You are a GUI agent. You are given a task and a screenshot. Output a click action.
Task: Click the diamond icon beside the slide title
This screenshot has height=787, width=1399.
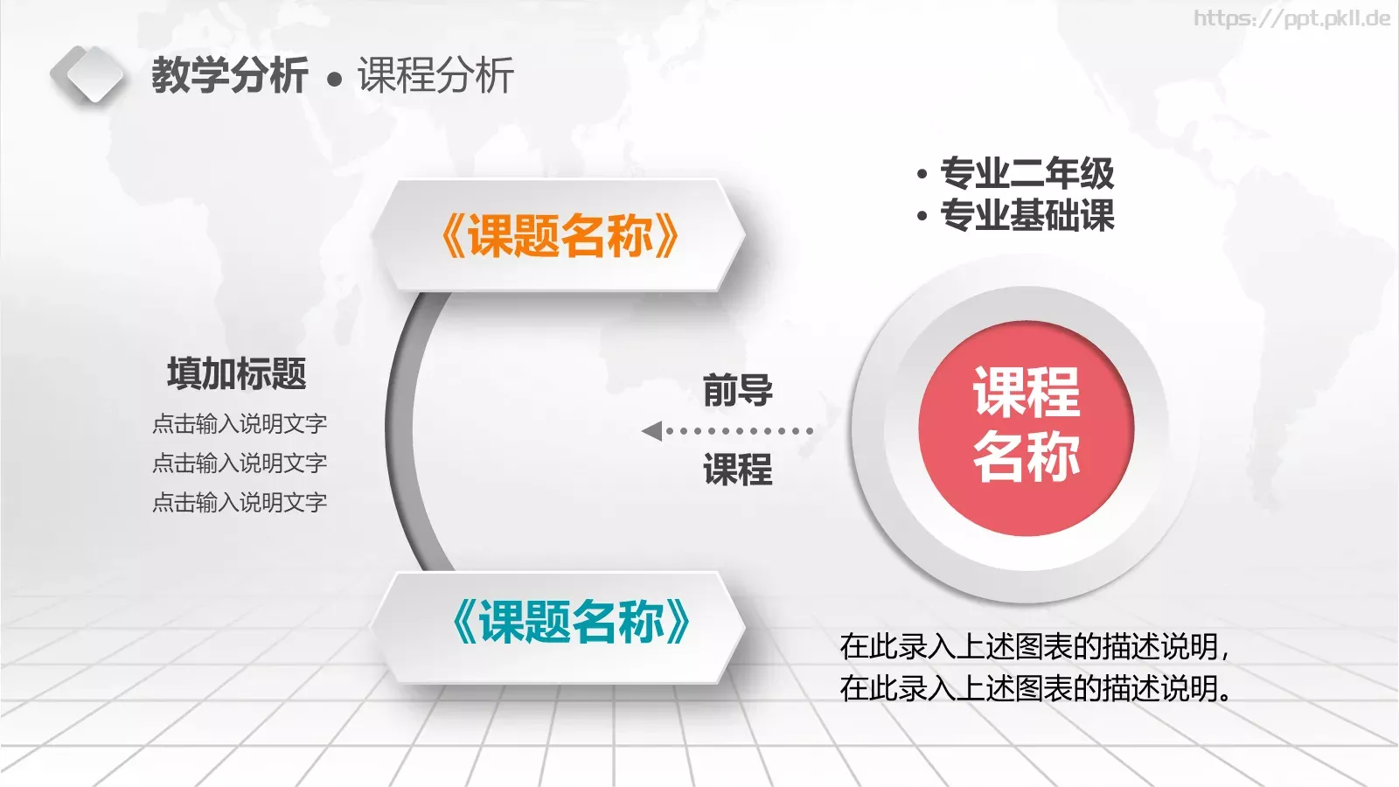[x=87, y=75]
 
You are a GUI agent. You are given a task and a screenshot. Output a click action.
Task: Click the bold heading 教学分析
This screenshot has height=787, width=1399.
[x=229, y=75]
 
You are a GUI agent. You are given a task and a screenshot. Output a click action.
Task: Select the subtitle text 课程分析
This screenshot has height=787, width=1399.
[x=435, y=75]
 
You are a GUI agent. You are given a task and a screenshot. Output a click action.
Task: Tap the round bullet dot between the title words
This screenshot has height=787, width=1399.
[x=334, y=80]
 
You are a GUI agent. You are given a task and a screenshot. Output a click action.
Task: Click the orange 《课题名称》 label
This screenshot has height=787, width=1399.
[x=560, y=236]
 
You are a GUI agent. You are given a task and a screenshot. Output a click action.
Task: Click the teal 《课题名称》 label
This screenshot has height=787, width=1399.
[x=571, y=623]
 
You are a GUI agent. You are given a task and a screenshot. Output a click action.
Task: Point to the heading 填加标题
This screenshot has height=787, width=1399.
[x=236, y=374]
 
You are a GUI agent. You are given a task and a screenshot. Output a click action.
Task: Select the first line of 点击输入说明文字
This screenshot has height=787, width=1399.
[x=240, y=424]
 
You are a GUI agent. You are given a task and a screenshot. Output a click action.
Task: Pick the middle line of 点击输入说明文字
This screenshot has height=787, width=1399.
[x=240, y=463]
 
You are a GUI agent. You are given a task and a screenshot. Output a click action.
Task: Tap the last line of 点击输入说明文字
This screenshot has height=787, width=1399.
[x=240, y=503]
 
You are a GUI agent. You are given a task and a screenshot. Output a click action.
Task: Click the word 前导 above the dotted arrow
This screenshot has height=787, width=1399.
[x=737, y=390]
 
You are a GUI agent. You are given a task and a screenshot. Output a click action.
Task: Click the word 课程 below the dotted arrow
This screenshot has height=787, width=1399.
[x=737, y=470]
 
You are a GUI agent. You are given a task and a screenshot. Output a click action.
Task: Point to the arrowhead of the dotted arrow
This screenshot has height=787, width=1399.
[x=651, y=431]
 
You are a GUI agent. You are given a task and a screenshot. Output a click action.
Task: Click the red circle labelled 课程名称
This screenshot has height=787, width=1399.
[x=1026, y=428]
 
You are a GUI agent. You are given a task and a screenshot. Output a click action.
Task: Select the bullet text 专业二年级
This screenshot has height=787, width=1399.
[x=1027, y=173]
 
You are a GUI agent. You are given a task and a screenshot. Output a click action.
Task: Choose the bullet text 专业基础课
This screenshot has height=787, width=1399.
[x=1027, y=215]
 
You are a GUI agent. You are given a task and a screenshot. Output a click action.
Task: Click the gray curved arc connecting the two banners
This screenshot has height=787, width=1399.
[x=400, y=428]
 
